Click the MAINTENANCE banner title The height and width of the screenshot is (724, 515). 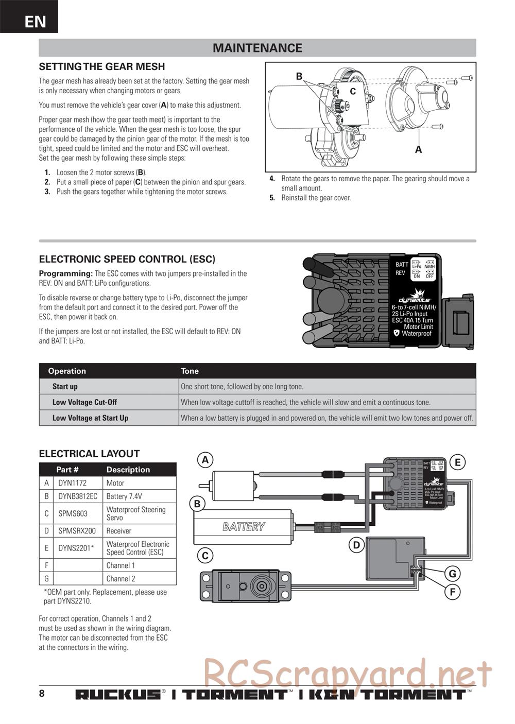pyautogui.click(x=257, y=48)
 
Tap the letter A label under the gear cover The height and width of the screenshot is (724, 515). pyautogui.click(x=419, y=150)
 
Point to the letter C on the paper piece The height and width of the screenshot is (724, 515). pyautogui.click(x=353, y=92)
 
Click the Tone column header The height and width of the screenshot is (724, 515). pyautogui.click(x=190, y=371)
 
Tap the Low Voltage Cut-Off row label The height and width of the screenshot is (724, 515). pyautogui.click(x=84, y=402)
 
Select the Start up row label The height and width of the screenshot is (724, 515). pyautogui.click(x=65, y=387)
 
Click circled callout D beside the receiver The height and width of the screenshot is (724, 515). pyautogui.click(x=356, y=545)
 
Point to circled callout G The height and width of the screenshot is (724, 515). pyautogui.click(x=452, y=574)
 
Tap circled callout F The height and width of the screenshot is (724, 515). pyautogui.click(x=452, y=592)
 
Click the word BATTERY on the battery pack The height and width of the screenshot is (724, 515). pyautogui.click(x=244, y=527)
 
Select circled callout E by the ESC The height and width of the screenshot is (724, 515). pyautogui.click(x=457, y=462)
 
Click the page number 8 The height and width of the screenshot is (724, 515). pyautogui.click(x=42, y=693)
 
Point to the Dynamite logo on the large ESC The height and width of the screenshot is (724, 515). pyautogui.click(x=414, y=297)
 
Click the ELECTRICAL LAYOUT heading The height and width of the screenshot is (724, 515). pyautogui.click(x=89, y=454)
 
